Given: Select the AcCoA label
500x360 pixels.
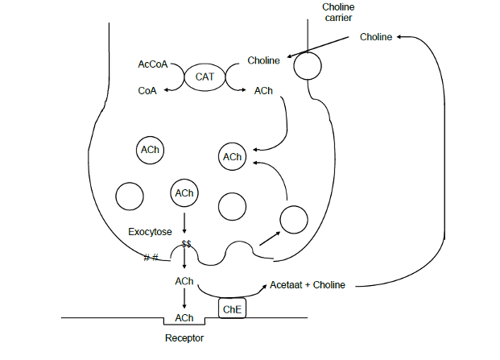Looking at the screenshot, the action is tap(153, 64).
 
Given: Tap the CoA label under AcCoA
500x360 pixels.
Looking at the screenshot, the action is tap(147, 90).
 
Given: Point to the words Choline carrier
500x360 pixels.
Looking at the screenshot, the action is tap(338, 12).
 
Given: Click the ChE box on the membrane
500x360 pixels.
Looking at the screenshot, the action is tap(232, 308).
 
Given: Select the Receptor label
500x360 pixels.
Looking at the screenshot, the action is tap(184, 337).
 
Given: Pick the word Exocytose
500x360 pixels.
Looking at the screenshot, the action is tap(150, 231).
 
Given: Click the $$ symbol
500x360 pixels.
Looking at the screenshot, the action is tap(186, 244).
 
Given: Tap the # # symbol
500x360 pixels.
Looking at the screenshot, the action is tap(151, 258).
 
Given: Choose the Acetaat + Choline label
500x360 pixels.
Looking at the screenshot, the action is tap(308, 285).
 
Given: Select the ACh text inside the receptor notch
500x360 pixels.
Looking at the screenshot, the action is tap(184, 318).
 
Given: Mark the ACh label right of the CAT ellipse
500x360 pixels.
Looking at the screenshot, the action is tap(263, 91).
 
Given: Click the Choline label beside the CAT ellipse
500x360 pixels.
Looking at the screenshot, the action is tap(264, 60).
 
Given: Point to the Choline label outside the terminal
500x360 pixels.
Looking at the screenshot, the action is tap(376, 37).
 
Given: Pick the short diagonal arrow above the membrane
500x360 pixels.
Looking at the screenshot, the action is tap(270, 238).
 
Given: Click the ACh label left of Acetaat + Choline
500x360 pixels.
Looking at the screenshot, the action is tap(184, 281).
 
